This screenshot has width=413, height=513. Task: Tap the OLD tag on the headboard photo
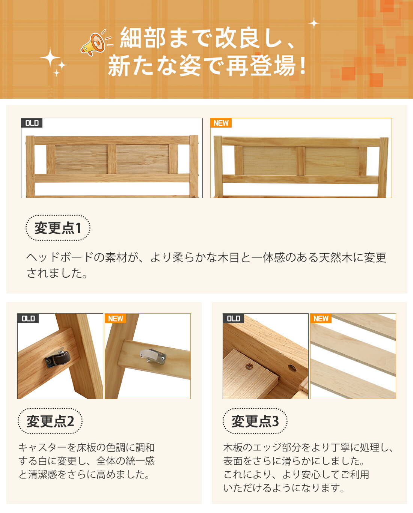pyautogui.click(x=32, y=123)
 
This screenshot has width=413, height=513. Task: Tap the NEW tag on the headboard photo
pyautogui.click(x=221, y=123)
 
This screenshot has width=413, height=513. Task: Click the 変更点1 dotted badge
pyautogui.click(x=58, y=228)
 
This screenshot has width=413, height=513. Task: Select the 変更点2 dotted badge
pyautogui.click(x=50, y=421)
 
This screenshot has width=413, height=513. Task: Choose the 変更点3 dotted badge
pyautogui.click(x=255, y=421)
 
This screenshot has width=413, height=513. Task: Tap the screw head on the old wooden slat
pyautogui.click(x=249, y=365)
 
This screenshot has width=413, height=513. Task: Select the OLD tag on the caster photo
pyautogui.click(x=28, y=319)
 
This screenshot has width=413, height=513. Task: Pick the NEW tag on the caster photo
pyautogui.click(x=116, y=319)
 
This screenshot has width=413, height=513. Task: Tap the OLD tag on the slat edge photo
pyautogui.click(x=233, y=319)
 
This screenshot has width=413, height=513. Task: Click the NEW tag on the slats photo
pyautogui.click(x=321, y=319)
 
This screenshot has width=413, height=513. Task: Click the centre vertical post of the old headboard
pyautogui.click(x=112, y=159)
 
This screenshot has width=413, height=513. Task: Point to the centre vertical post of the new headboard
pyautogui.click(x=301, y=161)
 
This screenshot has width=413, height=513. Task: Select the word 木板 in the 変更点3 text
pyautogui.click(x=233, y=447)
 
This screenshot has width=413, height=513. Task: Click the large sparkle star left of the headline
pyautogui.click(x=50, y=58)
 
